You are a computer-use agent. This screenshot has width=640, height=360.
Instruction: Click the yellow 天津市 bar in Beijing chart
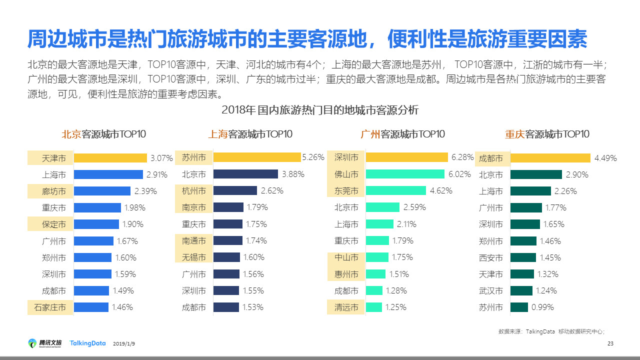[x=110, y=158]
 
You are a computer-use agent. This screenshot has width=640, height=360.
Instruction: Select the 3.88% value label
[x=293, y=174]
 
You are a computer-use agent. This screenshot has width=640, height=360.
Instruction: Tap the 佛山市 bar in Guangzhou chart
[x=405, y=174]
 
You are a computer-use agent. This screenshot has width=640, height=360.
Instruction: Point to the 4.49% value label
[x=605, y=158]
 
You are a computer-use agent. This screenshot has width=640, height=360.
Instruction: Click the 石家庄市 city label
[x=50, y=307]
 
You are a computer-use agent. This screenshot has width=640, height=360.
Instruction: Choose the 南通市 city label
[x=194, y=241]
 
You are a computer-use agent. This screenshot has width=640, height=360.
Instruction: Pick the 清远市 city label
[x=346, y=307]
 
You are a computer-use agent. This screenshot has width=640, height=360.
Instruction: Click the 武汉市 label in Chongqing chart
[x=491, y=291]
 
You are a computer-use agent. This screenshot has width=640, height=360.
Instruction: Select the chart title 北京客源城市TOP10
[x=103, y=134]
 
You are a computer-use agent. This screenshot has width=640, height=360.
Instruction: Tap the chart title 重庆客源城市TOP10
[x=547, y=134]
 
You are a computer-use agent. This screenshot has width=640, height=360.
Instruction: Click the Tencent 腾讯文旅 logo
[x=45, y=343]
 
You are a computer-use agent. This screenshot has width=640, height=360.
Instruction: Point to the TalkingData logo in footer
[x=87, y=343]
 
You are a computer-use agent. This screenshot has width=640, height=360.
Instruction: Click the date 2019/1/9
[x=124, y=344]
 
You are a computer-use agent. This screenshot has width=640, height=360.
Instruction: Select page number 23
[x=610, y=343]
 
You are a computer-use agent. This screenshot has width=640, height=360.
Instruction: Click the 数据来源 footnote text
[x=551, y=331]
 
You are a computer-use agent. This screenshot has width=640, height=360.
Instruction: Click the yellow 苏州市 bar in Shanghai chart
[x=257, y=157]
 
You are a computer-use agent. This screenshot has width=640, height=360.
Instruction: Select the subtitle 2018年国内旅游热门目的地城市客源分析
[x=320, y=110]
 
